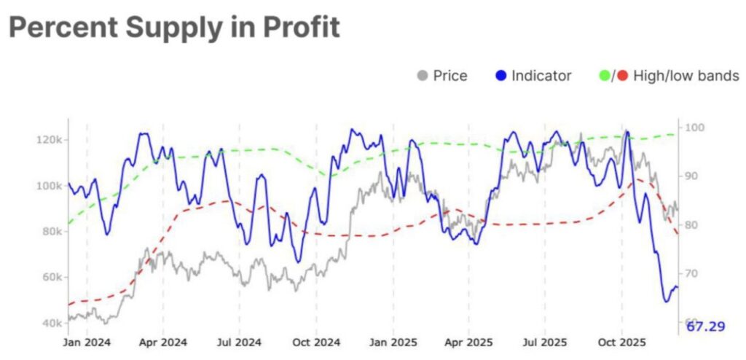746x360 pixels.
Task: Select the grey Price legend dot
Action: click(x=422, y=76)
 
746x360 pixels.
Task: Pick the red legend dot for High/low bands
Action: click(x=621, y=76)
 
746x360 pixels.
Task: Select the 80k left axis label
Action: click(x=50, y=232)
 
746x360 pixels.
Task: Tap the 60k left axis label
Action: click(x=50, y=278)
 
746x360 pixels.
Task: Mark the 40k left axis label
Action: click(x=50, y=323)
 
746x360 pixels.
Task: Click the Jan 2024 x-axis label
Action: click(x=87, y=342)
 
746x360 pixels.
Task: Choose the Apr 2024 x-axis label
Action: click(x=163, y=342)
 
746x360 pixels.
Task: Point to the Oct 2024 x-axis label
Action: click(x=316, y=342)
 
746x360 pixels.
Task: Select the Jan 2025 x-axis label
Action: click(x=393, y=342)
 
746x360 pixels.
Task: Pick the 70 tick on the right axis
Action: click(x=688, y=273)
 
